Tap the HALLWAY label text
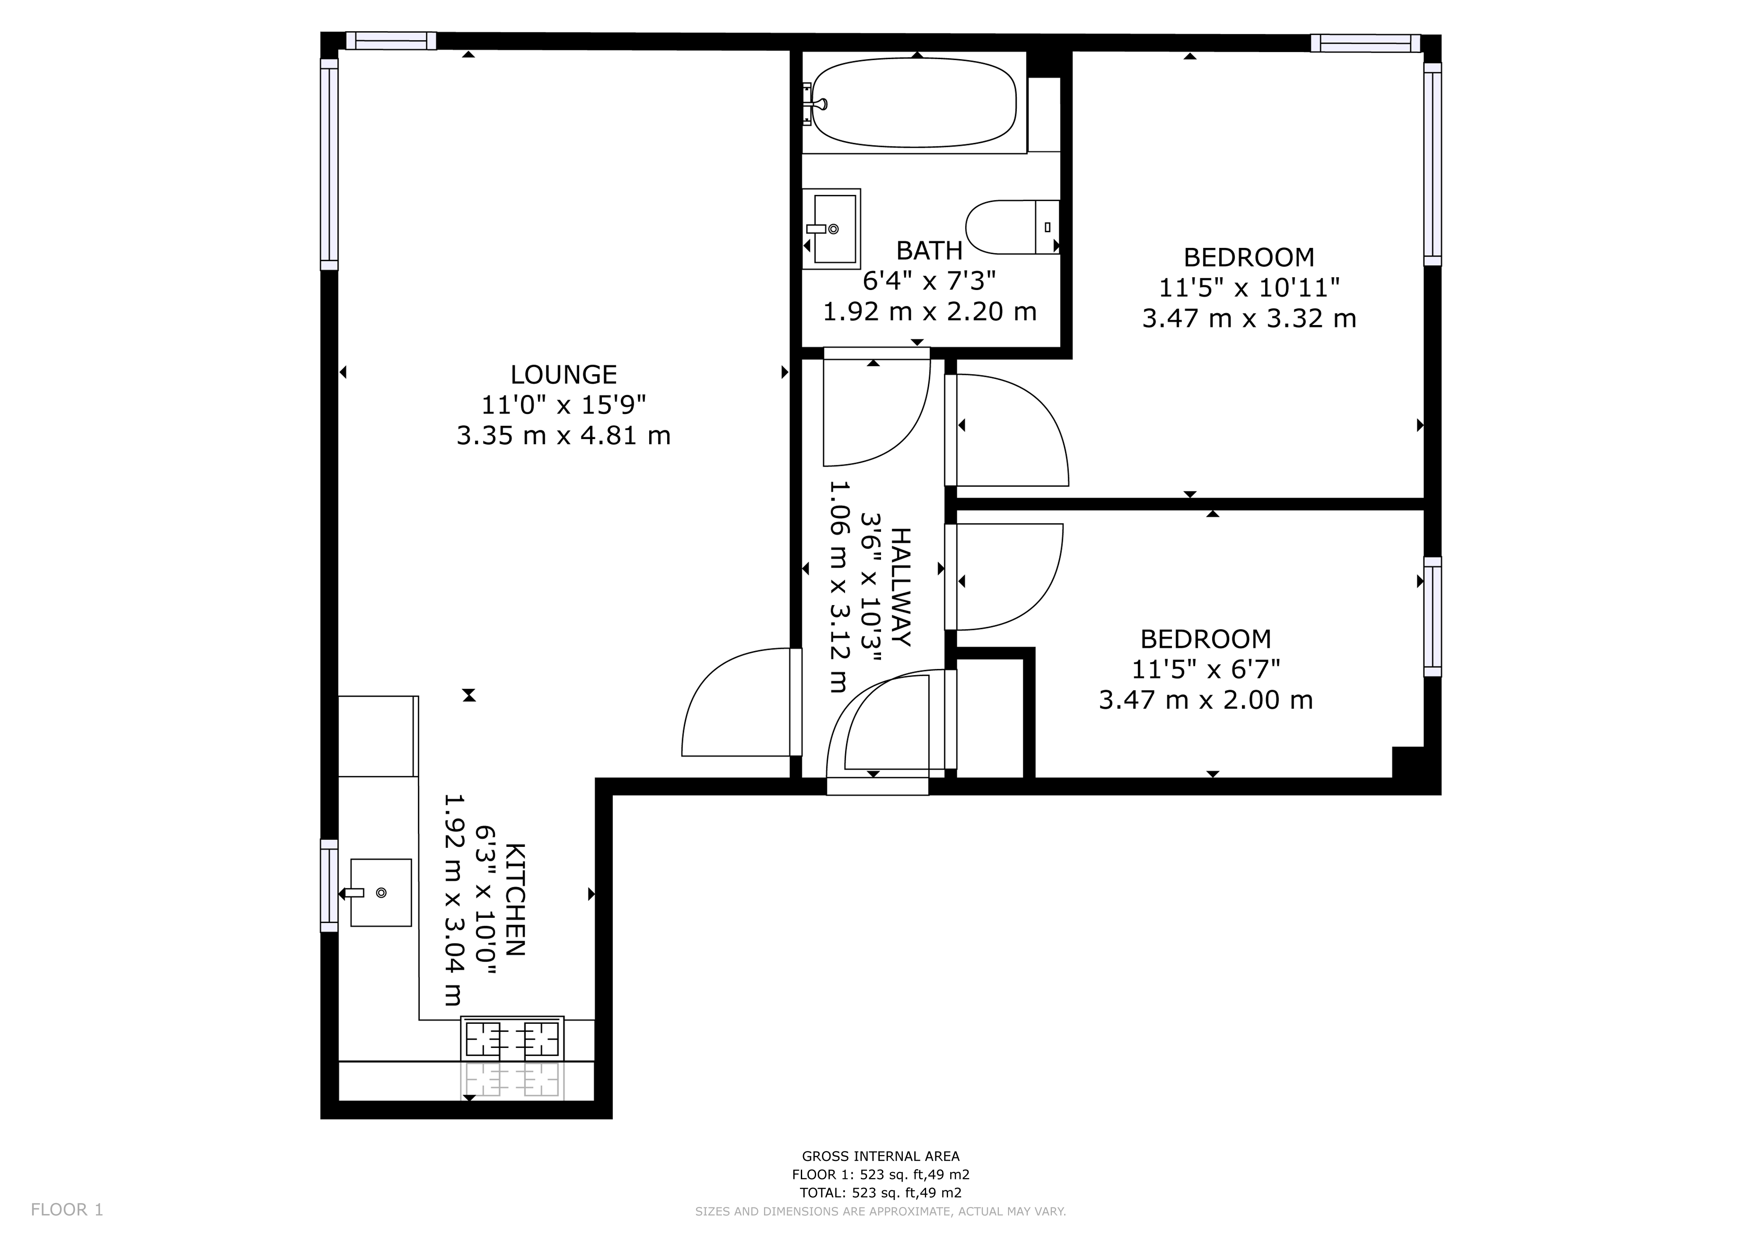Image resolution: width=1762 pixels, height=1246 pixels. (x=899, y=587)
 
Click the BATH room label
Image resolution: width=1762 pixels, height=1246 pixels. (x=929, y=251)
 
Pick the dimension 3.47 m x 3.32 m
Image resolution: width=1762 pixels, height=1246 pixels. (x=1249, y=319)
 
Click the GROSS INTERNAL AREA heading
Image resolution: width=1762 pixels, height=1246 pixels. (x=880, y=1156)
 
